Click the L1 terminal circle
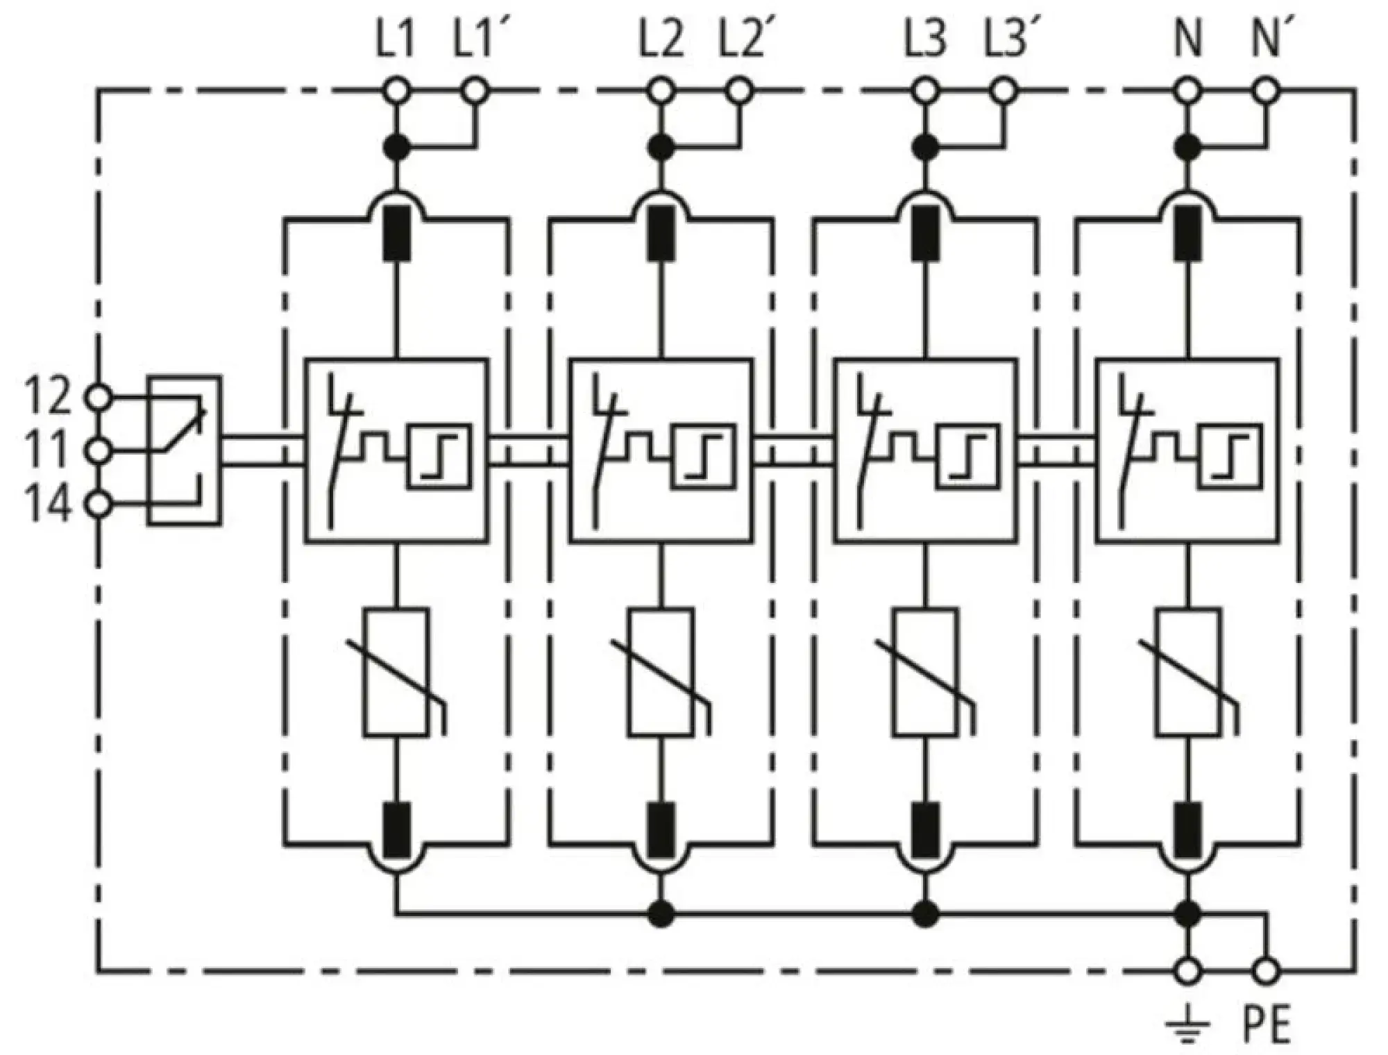tap(396, 90)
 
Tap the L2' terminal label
tap(741, 40)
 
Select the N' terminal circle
tap(1267, 90)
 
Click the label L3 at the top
tap(925, 40)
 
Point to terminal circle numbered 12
tap(98, 398)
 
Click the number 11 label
tap(47, 450)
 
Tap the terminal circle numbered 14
tap(98, 505)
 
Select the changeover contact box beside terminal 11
tap(184, 450)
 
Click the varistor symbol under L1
tap(396, 672)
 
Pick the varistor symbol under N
tap(1188, 672)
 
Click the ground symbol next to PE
tap(1187, 1024)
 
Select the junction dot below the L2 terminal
tap(661, 147)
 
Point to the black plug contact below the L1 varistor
tap(396, 830)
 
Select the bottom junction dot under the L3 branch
tap(925, 914)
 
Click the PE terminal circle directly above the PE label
tap(1267, 970)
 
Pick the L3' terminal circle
tap(1004, 90)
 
